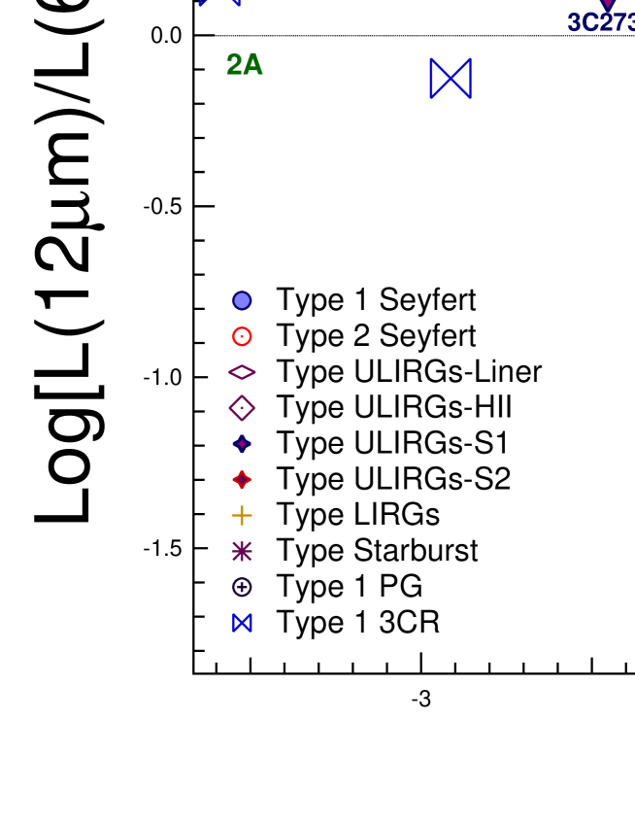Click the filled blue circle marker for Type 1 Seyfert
242,301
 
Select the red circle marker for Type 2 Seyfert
242,337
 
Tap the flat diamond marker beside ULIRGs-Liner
242,372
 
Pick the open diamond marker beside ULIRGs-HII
242,408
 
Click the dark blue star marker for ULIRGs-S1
242,444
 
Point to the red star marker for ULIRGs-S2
242,480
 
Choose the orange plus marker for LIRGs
242,515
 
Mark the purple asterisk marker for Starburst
242,551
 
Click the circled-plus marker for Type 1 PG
242,587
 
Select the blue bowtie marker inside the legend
242,623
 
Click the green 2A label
245,65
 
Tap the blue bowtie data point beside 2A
451,78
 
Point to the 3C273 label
600,22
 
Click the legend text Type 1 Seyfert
376,300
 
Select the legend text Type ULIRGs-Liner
409,372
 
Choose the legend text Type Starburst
377,551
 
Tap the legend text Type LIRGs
357,515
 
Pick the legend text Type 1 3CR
357,623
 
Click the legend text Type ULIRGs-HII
394,408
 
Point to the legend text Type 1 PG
349,587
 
